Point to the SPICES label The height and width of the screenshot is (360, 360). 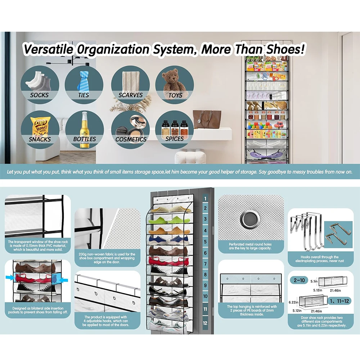click(175, 139)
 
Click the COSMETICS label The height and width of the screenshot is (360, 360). click(131, 139)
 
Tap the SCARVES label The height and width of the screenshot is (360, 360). click(131, 95)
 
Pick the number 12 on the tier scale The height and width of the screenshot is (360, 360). click(205, 323)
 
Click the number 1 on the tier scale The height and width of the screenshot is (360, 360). click(205, 198)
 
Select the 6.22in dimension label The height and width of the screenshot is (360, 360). click(293, 303)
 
